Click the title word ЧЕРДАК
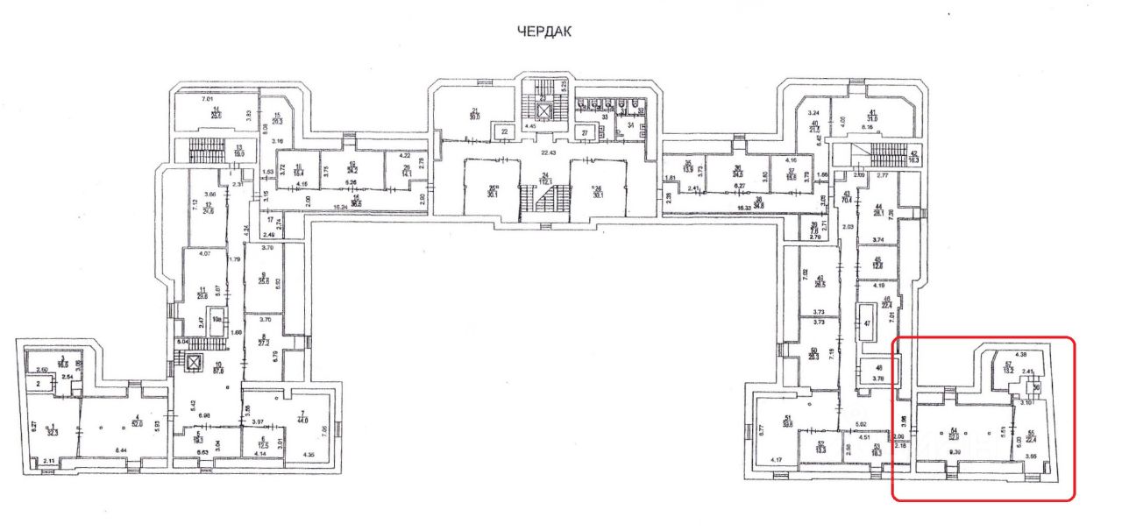pos(544,32)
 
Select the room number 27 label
pos(585,133)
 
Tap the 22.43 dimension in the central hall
pos(549,152)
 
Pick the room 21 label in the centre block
pos(475,112)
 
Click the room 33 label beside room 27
pos(605,117)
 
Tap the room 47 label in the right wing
pos(866,323)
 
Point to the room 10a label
pos(215,321)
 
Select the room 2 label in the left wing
pos(39,383)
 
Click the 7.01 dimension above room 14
pos(207,100)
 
